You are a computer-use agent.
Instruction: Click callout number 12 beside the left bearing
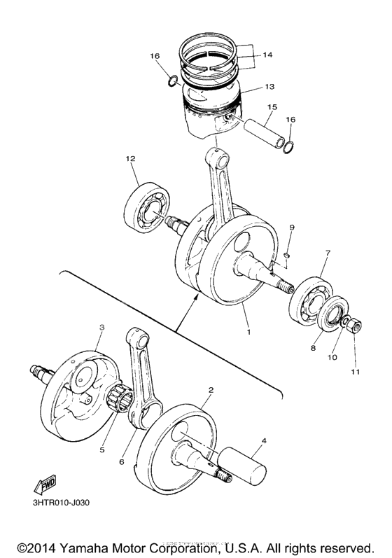coord(130,159)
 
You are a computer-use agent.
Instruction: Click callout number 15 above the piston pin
coord(271,106)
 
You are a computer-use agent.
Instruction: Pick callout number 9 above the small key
coord(292,228)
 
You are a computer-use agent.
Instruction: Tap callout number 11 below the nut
coord(355,372)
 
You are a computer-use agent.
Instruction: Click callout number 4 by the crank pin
coord(264,442)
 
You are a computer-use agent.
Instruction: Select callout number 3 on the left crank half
coord(102,327)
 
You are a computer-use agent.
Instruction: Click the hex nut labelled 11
coord(354,324)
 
